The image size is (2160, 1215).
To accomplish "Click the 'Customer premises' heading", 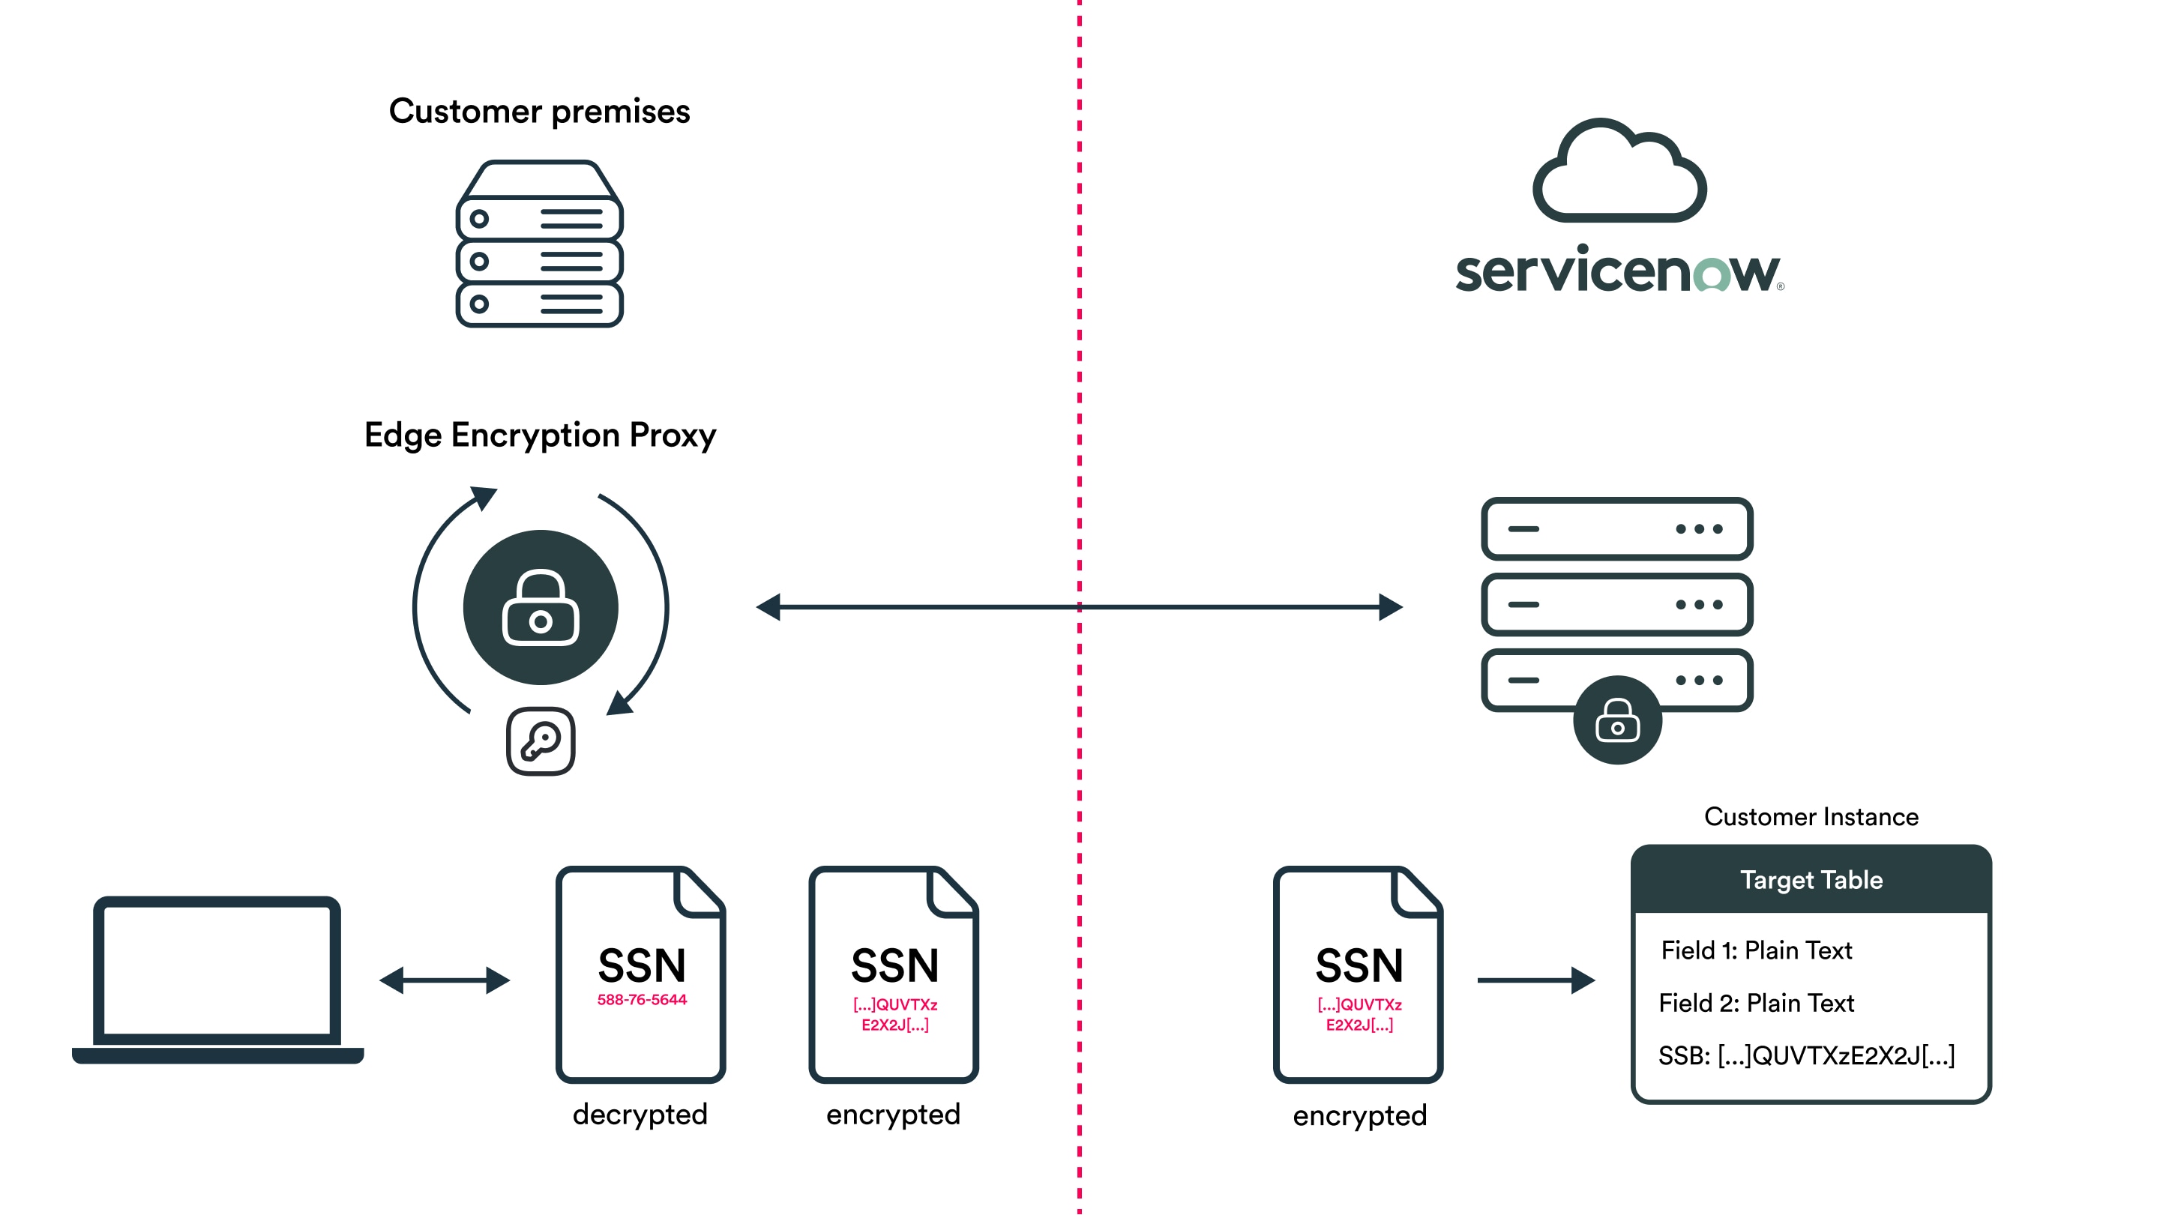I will (x=539, y=112).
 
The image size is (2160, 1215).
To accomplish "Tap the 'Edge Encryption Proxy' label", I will (x=540, y=435).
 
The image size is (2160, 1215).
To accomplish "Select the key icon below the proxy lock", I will (x=541, y=741).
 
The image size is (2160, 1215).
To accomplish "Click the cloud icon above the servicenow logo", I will (x=1619, y=171).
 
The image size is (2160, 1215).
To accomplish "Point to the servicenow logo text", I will (x=1619, y=270).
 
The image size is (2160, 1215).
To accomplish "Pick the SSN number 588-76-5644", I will (x=642, y=999).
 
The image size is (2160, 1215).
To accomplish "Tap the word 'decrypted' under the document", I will (x=640, y=1115).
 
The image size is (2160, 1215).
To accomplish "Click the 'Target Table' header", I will (x=1811, y=880).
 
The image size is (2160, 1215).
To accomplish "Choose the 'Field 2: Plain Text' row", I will (x=1756, y=1003).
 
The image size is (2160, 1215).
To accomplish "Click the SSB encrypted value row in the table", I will (x=1806, y=1055).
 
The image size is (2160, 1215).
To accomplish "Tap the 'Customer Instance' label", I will (x=1811, y=817).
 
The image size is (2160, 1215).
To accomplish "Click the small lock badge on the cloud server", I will (x=1617, y=720).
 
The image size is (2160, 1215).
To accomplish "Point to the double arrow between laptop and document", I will (x=445, y=980).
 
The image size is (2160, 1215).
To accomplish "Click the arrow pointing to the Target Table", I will (x=1535, y=980).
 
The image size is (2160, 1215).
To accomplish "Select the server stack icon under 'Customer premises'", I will (x=539, y=244).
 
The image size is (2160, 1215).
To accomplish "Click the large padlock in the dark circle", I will (x=541, y=608).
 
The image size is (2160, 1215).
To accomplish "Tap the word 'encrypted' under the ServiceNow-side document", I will (x=1359, y=1116).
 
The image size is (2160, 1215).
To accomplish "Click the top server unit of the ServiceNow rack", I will (x=1616, y=529).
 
